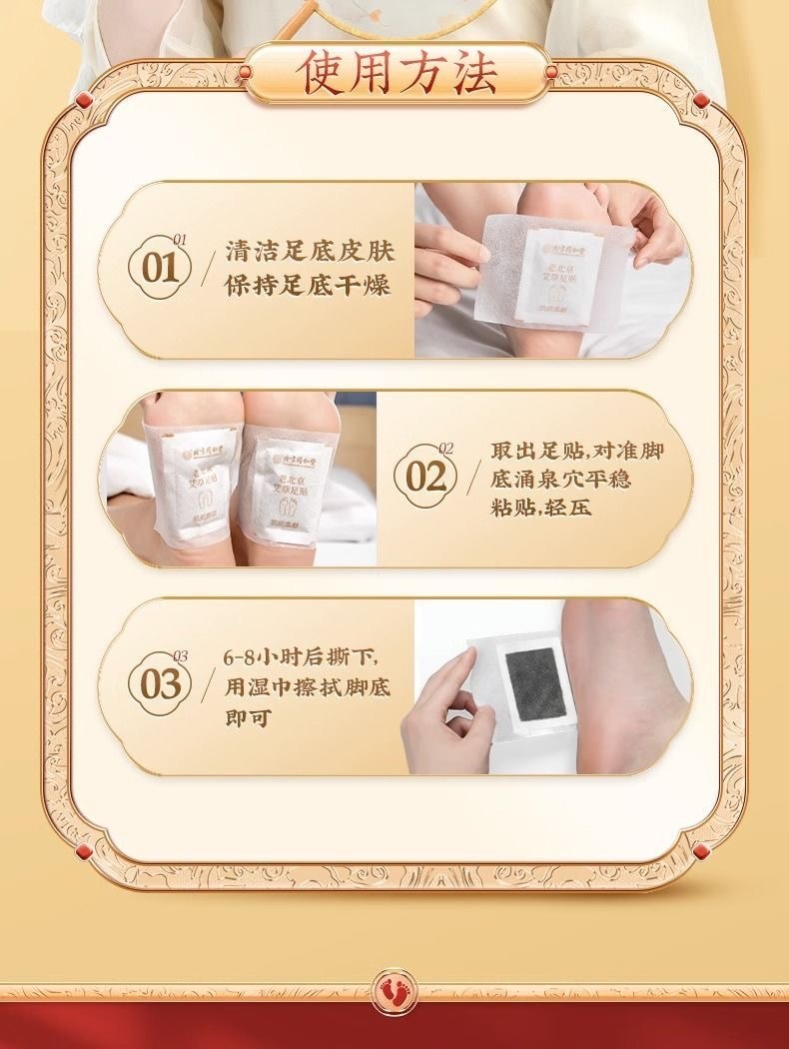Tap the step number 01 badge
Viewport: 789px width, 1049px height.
click(160, 268)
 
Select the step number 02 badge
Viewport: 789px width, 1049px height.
click(426, 477)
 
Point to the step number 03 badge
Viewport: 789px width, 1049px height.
click(160, 685)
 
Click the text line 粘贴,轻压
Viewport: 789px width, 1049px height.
click(540, 507)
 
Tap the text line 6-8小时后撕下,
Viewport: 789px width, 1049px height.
click(302, 657)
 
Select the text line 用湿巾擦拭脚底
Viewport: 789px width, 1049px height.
click(307, 687)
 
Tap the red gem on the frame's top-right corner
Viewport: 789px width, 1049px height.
click(701, 99)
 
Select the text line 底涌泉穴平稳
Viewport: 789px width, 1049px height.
click(560, 479)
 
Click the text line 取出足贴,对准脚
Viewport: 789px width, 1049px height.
click(576, 450)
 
